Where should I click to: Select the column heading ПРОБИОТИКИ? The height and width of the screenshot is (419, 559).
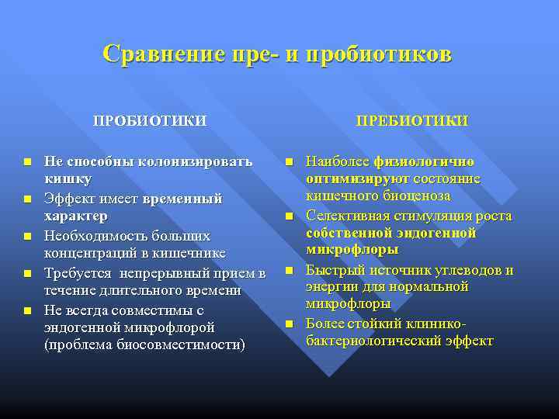[150, 120]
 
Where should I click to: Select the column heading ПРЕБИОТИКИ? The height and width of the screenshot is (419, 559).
[411, 120]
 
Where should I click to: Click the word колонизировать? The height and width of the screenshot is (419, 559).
[195, 161]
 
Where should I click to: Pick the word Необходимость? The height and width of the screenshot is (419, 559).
[92, 235]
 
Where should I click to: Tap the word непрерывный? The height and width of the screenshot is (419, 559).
[170, 272]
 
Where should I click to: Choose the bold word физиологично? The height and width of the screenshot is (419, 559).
[424, 161]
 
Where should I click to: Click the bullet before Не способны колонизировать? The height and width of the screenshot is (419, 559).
[27, 162]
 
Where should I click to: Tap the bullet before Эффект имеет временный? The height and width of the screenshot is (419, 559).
[27, 199]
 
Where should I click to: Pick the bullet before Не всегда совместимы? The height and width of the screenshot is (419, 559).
[27, 310]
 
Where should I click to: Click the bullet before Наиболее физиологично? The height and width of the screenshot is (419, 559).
[289, 162]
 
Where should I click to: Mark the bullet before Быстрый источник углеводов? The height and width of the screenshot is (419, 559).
[289, 271]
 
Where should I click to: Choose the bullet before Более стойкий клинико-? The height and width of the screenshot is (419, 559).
[289, 324]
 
